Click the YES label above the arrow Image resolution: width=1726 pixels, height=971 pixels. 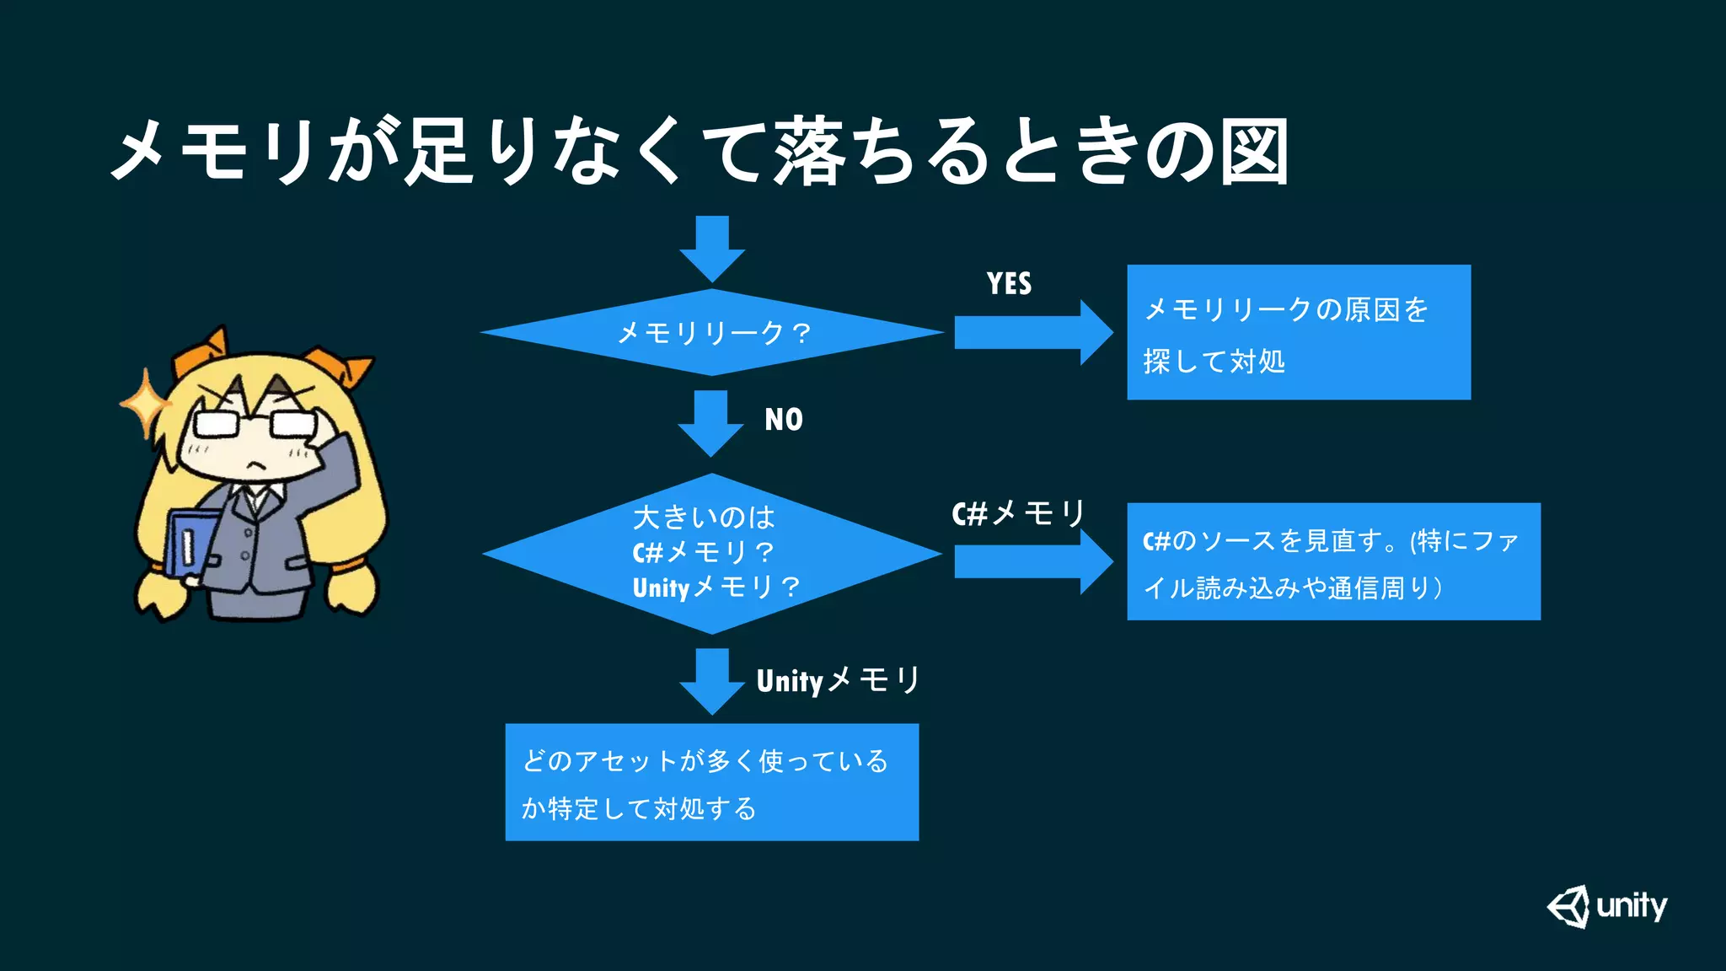[1009, 284]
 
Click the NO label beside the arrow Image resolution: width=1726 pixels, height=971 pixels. [783, 420]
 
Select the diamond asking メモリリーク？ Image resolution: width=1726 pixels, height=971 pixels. [712, 332]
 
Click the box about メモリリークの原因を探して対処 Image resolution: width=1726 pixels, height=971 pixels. [1298, 332]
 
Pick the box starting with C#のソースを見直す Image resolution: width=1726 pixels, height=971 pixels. [1333, 561]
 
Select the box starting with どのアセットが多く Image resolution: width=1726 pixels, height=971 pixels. [712, 782]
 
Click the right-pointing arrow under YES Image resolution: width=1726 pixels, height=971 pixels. [1032, 332]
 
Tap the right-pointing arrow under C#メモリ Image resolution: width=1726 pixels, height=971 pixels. [1032, 561]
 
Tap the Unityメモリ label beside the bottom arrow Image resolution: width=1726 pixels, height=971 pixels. [838, 680]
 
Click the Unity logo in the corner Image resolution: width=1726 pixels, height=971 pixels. [1606, 907]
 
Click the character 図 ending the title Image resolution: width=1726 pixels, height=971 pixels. [1255, 153]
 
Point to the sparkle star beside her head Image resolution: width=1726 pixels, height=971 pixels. [145, 403]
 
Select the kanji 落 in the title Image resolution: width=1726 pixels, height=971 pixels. [809, 153]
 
